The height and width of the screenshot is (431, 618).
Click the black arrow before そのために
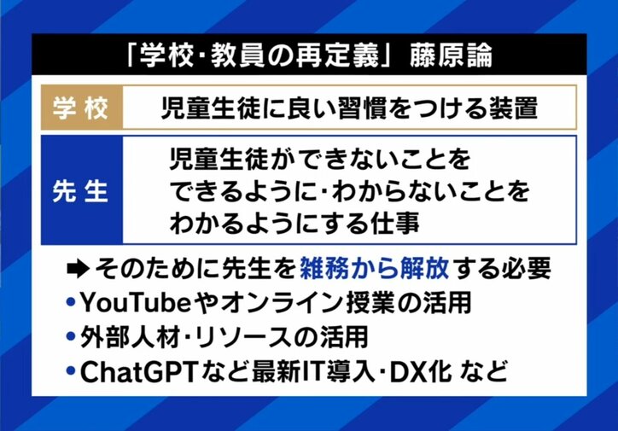(78, 270)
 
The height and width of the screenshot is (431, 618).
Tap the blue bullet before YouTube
(71, 304)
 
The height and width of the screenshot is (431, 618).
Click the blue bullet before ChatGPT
(71, 372)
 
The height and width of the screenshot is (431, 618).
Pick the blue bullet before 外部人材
(71, 338)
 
